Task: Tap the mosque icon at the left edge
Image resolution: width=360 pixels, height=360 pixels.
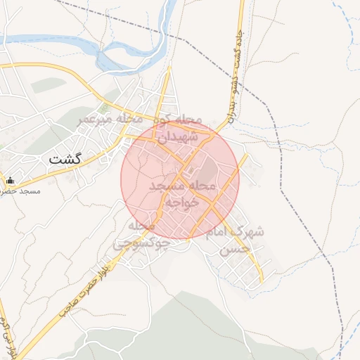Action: pos(10,181)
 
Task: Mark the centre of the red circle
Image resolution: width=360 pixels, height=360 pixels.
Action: pos(180,180)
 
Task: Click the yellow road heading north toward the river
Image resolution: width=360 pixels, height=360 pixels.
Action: pos(165,91)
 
